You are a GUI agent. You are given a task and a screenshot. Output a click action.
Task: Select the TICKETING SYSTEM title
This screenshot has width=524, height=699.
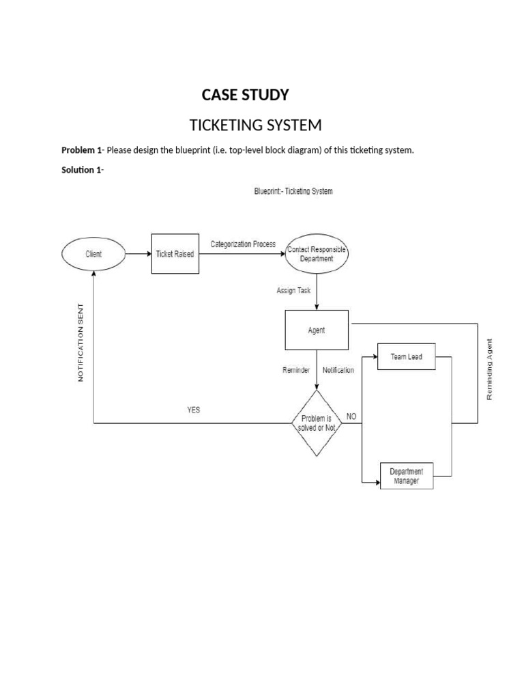tap(254, 126)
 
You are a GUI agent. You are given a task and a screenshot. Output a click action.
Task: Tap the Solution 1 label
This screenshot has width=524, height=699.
tap(82, 170)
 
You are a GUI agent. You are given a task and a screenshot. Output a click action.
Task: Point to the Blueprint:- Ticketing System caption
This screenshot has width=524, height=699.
tap(293, 192)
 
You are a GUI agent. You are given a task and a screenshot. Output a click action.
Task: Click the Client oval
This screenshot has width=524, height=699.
tap(93, 254)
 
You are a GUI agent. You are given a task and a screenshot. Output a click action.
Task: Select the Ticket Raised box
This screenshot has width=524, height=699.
tap(175, 254)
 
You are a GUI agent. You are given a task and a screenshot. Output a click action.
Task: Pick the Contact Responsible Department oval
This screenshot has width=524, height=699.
tap(317, 255)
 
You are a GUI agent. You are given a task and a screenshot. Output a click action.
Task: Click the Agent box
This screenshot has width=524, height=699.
tap(317, 330)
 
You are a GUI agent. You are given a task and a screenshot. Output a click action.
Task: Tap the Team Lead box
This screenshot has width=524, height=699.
tap(406, 357)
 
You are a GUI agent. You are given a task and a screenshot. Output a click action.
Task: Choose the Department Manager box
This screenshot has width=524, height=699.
tap(406, 476)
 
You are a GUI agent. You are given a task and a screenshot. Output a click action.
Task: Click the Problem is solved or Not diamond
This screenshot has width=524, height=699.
tap(317, 423)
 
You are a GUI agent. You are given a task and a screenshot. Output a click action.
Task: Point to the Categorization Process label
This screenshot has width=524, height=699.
tap(243, 244)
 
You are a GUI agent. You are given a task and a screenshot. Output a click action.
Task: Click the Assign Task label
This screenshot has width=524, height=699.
tap(293, 290)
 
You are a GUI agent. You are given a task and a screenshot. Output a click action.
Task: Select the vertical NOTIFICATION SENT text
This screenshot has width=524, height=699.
tap(81, 341)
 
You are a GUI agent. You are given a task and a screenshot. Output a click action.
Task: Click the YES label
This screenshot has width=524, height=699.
tap(194, 410)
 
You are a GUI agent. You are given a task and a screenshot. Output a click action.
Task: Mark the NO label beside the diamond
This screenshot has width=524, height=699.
tap(351, 416)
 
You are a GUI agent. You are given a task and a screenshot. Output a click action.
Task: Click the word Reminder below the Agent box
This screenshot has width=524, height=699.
tap(296, 370)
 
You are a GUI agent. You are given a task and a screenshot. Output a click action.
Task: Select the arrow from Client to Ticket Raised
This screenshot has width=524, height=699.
tap(137, 254)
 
